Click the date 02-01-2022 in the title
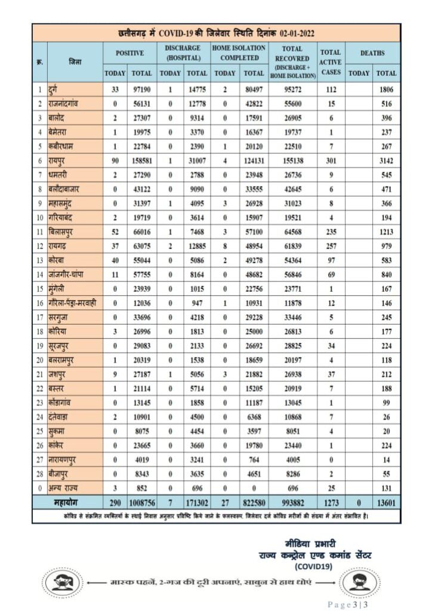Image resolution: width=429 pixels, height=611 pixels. pyautogui.click(x=297, y=33)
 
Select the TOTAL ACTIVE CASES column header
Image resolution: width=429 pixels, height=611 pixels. pyautogui.click(x=330, y=61)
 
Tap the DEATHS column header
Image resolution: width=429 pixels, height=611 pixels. pyautogui.click(x=372, y=53)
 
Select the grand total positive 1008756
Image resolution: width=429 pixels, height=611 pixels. pyautogui.click(x=141, y=503)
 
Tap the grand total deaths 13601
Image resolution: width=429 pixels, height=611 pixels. pyautogui.click(x=386, y=503)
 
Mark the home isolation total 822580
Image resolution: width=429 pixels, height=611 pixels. pyautogui.click(x=254, y=503)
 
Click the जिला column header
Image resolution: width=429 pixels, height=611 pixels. pyautogui.click(x=75, y=61)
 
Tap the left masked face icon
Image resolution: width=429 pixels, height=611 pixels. pyautogui.click(x=62, y=581)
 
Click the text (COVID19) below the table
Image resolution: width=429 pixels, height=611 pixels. pyautogui.click(x=313, y=566)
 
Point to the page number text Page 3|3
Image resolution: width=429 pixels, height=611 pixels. pyautogui.click(x=348, y=604)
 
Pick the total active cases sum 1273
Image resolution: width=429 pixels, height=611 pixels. pyautogui.click(x=330, y=503)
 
